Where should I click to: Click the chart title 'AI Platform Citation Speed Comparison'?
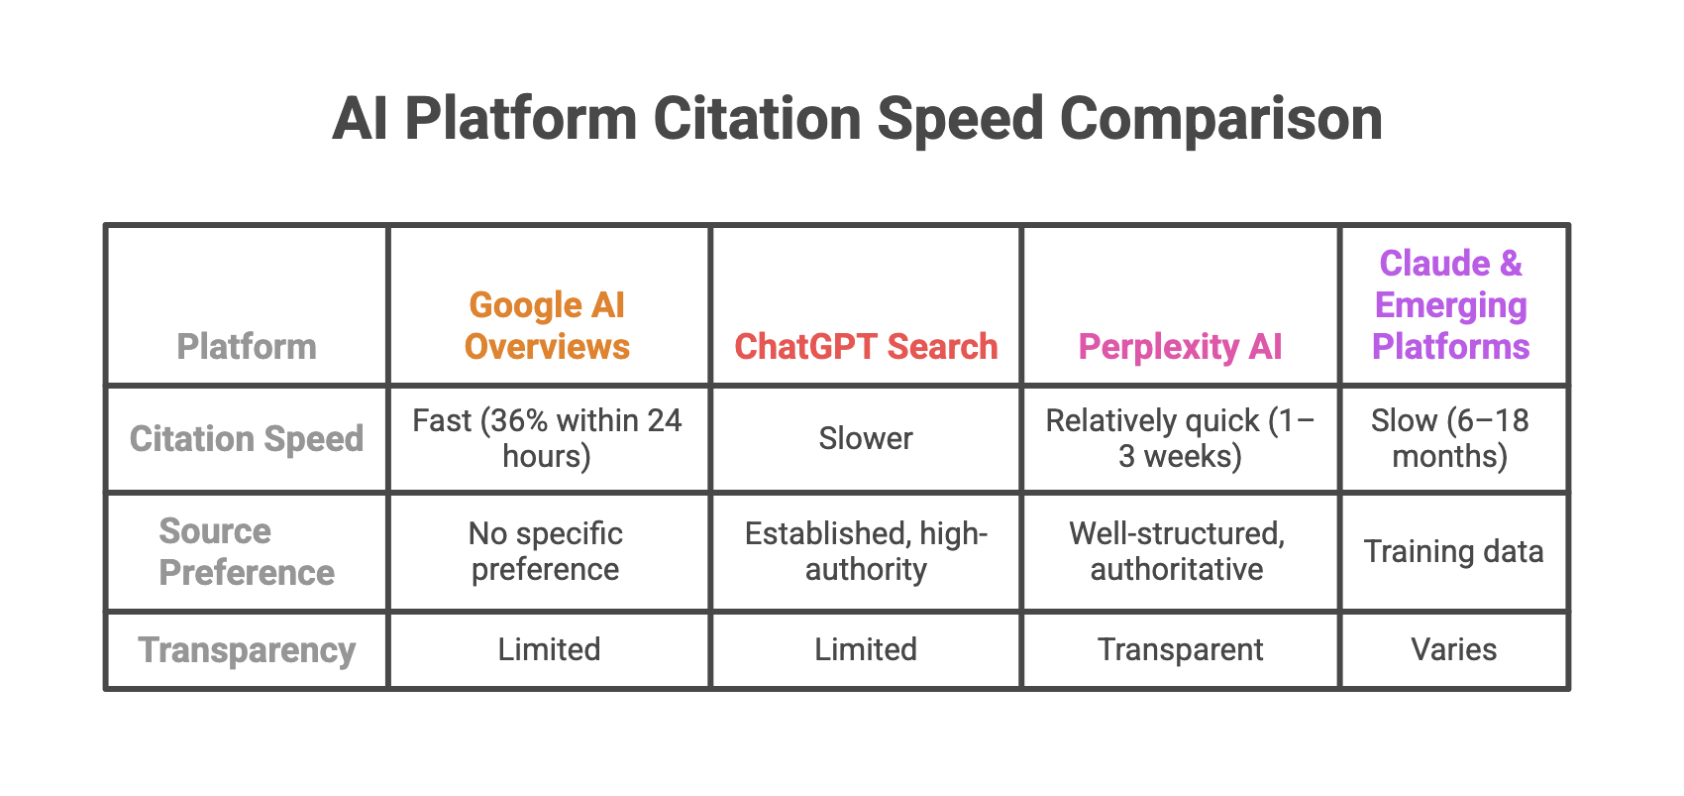click(x=857, y=119)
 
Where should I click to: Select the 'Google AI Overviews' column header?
click(x=547, y=325)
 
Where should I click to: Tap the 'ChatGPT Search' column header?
click(x=866, y=346)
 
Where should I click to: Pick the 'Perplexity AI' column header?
click(x=1180, y=346)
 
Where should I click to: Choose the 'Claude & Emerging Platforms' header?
click(x=1451, y=304)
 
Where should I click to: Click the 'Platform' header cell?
click(x=247, y=346)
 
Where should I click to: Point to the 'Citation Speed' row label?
click(x=247, y=438)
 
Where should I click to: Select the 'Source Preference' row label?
click(x=247, y=551)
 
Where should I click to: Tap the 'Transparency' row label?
click(x=247, y=649)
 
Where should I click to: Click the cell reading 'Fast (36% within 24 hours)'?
click(x=547, y=438)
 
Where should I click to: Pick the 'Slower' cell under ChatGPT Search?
click(x=866, y=438)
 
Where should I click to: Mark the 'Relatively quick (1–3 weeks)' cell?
click(x=1180, y=438)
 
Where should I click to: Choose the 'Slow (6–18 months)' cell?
click(x=1451, y=438)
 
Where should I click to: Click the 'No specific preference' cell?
click(x=547, y=551)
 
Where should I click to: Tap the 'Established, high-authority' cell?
click(x=866, y=551)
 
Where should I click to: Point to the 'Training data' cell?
click(x=1453, y=551)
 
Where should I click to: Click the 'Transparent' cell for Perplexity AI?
click(x=1180, y=649)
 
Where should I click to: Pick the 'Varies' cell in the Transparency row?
click(x=1453, y=649)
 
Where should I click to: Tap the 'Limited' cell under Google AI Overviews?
click(x=549, y=649)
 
